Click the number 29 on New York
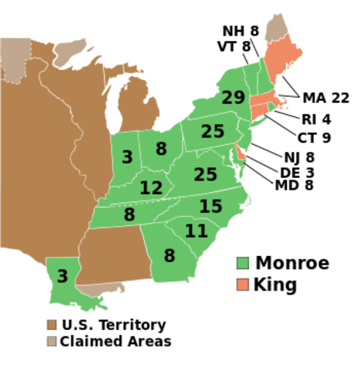pyautogui.click(x=233, y=98)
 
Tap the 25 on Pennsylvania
pyautogui.click(x=213, y=132)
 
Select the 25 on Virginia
pyautogui.click(x=205, y=175)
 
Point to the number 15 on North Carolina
pyautogui.click(x=210, y=207)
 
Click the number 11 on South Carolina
pyautogui.click(x=197, y=230)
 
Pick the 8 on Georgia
pyautogui.click(x=169, y=256)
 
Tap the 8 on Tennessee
pyautogui.click(x=129, y=215)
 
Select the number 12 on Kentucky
pyautogui.click(x=151, y=187)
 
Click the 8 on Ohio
pyautogui.click(x=161, y=149)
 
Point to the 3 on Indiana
pyautogui.click(x=127, y=157)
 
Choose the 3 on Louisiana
pyautogui.click(x=62, y=276)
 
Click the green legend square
pyautogui.click(x=243, y=263)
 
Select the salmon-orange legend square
pyautogui.click(x=243, y=284)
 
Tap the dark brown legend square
pyautogui.click(x=52, y=325)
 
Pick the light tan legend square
pyautogui.click(x=52, y=341)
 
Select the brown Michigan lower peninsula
pyautogui.click(x=139, y=104)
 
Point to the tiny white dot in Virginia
pyautogui.click(x=223, y=157)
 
